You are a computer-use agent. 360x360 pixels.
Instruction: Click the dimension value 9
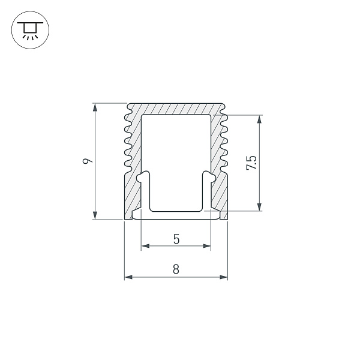coord(88,161)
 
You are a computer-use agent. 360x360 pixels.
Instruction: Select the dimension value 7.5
coord(251,163)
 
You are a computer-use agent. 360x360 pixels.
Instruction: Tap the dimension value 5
coord(176,238)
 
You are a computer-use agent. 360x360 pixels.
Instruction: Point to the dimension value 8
coord(176,269)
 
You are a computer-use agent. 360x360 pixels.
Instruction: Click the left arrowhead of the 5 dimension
coord(145,246)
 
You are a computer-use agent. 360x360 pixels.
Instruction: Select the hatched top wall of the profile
coord(176,109)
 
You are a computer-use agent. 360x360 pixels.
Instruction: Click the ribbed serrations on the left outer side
coord(127,138)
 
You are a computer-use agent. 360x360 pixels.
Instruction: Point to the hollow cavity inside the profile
coord(176,150)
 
